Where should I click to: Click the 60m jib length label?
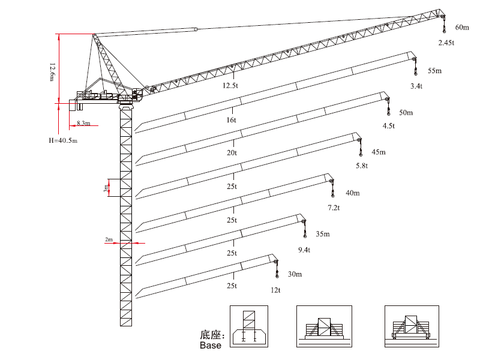[462, 28]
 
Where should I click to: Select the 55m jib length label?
[434, 71]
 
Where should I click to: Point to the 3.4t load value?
[416, 86]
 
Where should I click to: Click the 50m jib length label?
[406, 113]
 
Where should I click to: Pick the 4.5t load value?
[389, 126]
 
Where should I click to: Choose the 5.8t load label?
[361, 165]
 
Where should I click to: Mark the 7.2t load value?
[334, 208]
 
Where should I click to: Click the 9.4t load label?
[304, 249]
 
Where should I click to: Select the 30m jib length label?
[295, 274]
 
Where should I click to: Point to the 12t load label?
[276, 290]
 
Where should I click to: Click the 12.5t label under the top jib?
[231, 86]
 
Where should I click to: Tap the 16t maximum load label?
[231, 119]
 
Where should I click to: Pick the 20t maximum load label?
[232, 153]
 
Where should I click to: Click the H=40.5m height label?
[64, 140]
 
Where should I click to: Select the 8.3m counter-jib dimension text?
[83, 124]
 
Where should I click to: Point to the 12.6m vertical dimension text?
[53, 71]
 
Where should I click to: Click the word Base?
[211, 346]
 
